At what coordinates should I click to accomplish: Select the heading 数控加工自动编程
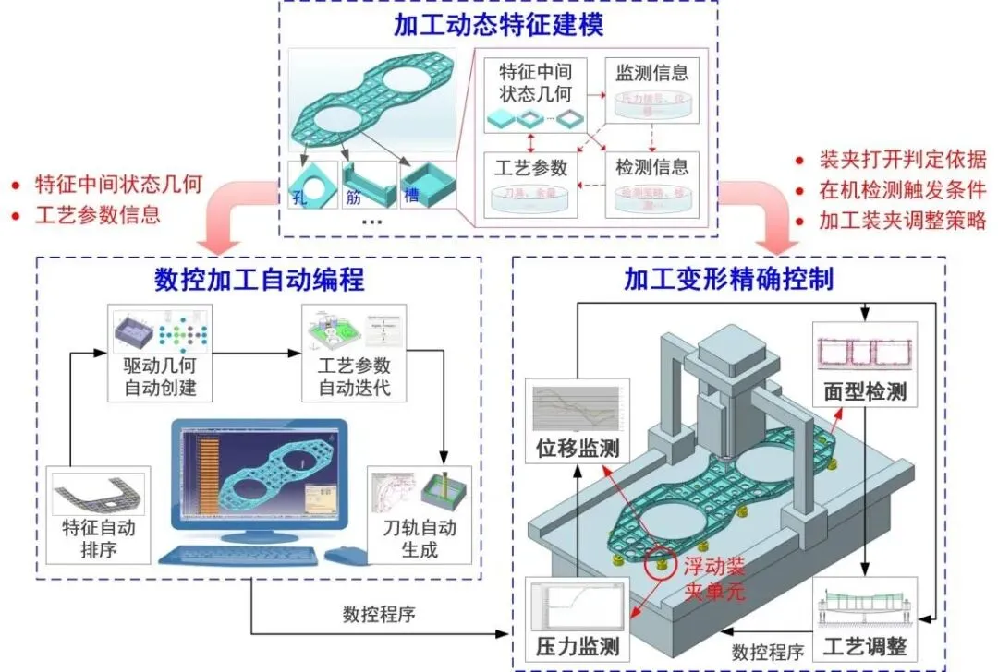pyautogui.click(x=259, y=279)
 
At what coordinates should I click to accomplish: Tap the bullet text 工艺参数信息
pyautogui.click(x=97, y=215)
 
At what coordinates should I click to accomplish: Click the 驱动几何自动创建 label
pyautogui.click(x=161, y=376)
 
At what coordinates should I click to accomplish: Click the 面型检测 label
pyautogui.click(x=865, y=392)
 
